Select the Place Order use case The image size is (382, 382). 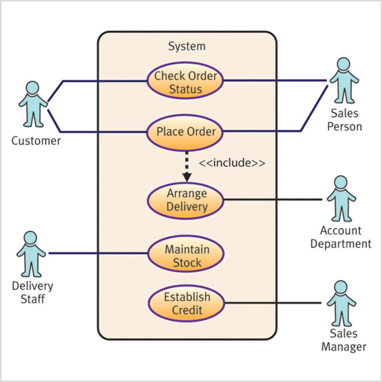pos(185,132)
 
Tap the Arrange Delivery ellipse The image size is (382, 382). pos(186,200)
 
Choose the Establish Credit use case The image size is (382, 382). pos(187,304)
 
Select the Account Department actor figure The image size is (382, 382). pos(341,199)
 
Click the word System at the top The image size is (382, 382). pos(187,46)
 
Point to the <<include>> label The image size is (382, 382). pos(232,163)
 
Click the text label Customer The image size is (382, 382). pos(36,141)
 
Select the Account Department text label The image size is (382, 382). pos(341,237)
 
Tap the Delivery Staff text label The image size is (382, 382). pos(33,292)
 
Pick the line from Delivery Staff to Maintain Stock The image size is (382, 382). pos(98,253)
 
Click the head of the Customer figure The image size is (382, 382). pos(33,88)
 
